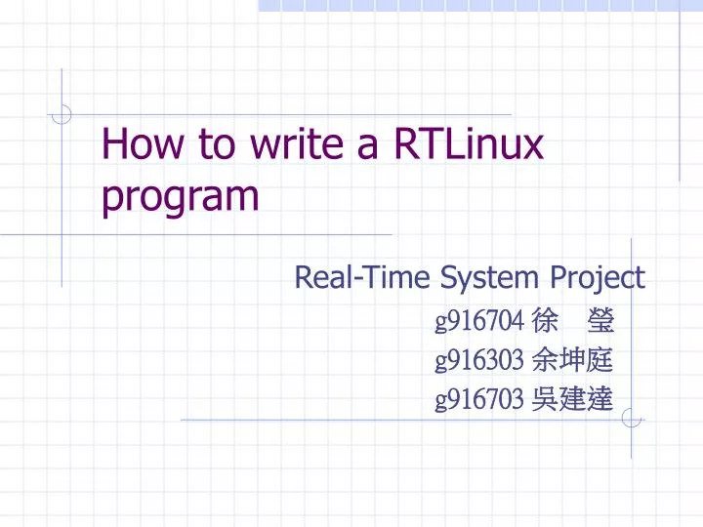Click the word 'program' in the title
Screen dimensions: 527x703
click(181, 197)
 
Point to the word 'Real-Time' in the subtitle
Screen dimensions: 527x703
click(362, 278)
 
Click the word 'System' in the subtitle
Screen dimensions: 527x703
click(489, 278)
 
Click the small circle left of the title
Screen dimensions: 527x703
click(62, 115)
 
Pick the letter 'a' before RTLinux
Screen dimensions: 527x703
click(368, 145)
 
